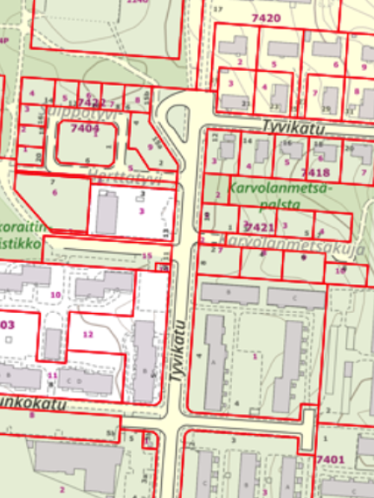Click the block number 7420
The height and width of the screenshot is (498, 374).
(x=265, y=17)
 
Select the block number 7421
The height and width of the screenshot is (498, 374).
(x=259, y=227)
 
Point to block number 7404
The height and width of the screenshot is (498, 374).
(x=85, y=129)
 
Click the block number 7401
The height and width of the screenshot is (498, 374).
(x=331, y=458)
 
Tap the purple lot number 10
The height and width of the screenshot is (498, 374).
(x=56, y=295)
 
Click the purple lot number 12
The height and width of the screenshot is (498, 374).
(x=87, y=334)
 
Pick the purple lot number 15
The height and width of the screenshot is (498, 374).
(x=146, y=256)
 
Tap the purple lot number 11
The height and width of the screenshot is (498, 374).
(x=52, y=375)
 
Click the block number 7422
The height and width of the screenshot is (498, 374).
(x=90, y=102)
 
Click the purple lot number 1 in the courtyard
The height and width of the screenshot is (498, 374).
(x=255, y=355)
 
